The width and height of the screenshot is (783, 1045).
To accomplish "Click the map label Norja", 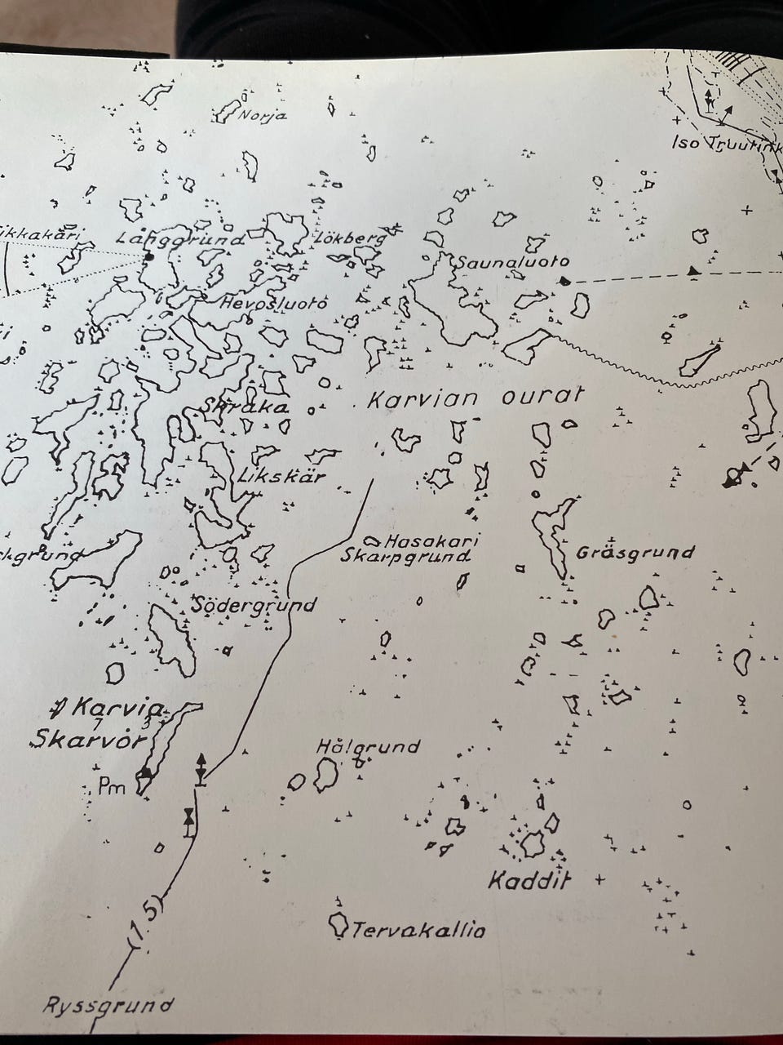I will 262,115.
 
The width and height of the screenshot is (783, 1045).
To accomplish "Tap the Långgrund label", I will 180,240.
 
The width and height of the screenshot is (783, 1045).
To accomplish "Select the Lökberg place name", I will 348,239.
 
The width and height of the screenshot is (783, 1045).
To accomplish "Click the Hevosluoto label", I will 274,303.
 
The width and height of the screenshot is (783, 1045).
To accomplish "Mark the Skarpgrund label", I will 405,558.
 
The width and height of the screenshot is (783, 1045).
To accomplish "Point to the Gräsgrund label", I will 635,553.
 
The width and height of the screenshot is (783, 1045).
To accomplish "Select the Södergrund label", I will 254,605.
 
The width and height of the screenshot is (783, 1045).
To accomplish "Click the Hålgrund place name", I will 368,746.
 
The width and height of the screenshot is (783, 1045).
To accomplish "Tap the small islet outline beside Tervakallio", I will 336,925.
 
